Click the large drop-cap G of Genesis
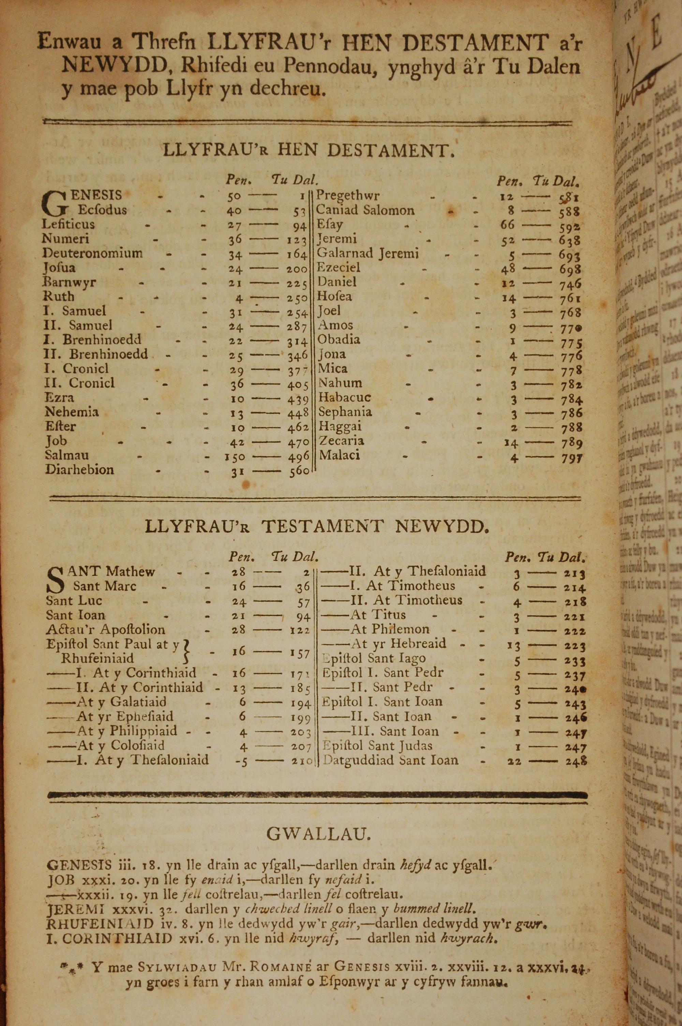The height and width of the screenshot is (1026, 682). [x=55, y=204]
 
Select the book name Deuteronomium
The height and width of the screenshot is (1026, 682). [x=92, y=253]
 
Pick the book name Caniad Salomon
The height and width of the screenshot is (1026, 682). [x=365, y=210]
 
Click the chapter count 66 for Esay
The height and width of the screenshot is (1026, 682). [x=507, y=224]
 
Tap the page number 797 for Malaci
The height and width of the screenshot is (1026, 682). [x=572, y=458]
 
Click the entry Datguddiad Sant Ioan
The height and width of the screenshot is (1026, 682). [x=390, y=760]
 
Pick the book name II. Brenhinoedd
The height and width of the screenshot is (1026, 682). [x=96, y=354]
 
